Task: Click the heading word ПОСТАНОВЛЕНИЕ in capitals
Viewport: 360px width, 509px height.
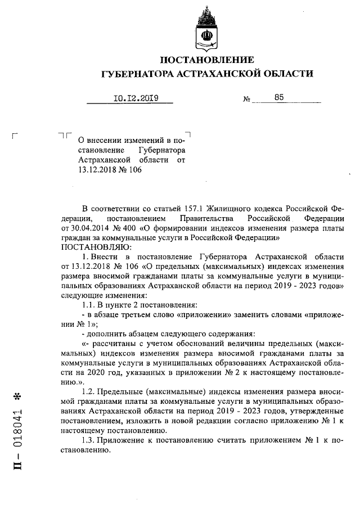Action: (x=206, y=60)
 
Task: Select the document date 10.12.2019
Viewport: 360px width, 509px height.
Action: (x=136, y=98)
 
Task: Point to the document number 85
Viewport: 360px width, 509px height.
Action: (x=280, y=97)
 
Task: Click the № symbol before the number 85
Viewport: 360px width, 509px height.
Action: (x=246, y=100)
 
